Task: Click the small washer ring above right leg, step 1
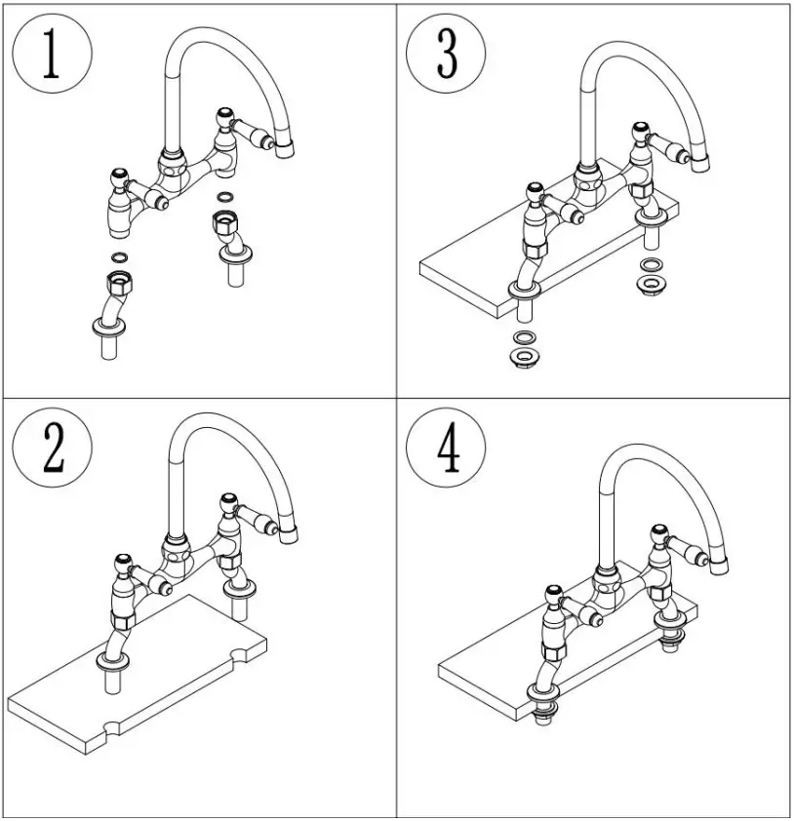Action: [x=224, y=199]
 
